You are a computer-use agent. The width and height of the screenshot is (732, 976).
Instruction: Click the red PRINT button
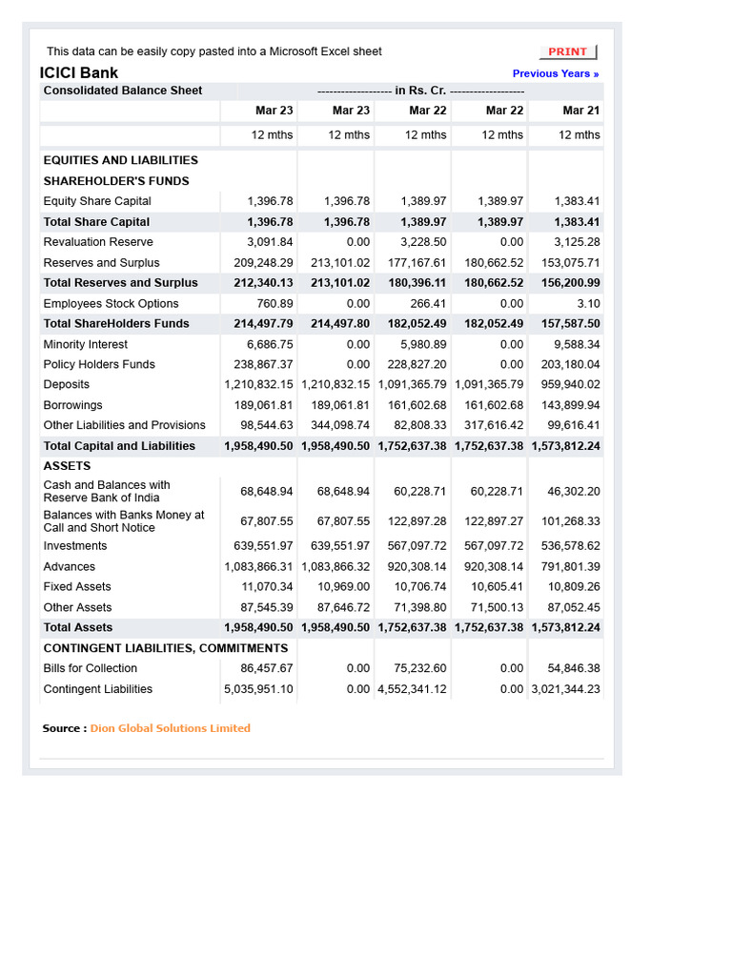click(x=568, y=51)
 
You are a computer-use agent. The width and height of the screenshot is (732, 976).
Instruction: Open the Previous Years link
click(x=556, y=73)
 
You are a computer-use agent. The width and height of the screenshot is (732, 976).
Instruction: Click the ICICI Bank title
click(x=79, y=72)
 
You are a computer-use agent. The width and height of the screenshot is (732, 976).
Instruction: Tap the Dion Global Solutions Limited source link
click(x=170, y=728)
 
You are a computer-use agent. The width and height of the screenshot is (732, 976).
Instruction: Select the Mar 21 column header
click(x=580, y=111)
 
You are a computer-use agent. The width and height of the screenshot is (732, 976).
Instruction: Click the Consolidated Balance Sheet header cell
click(x=123, y=91)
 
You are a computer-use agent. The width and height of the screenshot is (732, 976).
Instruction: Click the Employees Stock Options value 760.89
click(x=271, y=304)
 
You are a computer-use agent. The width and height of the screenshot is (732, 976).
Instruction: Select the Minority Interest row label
click(x=86, y=344)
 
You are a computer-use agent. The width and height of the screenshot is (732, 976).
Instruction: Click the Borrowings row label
click(x=72, y=405)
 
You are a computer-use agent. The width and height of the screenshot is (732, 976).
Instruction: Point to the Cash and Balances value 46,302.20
click(x=574, y=492)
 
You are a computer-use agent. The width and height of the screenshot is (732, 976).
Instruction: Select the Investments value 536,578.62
click(x=570, y=546)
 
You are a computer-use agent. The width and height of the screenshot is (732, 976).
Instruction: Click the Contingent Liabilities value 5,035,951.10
click(x=259, y=689)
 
